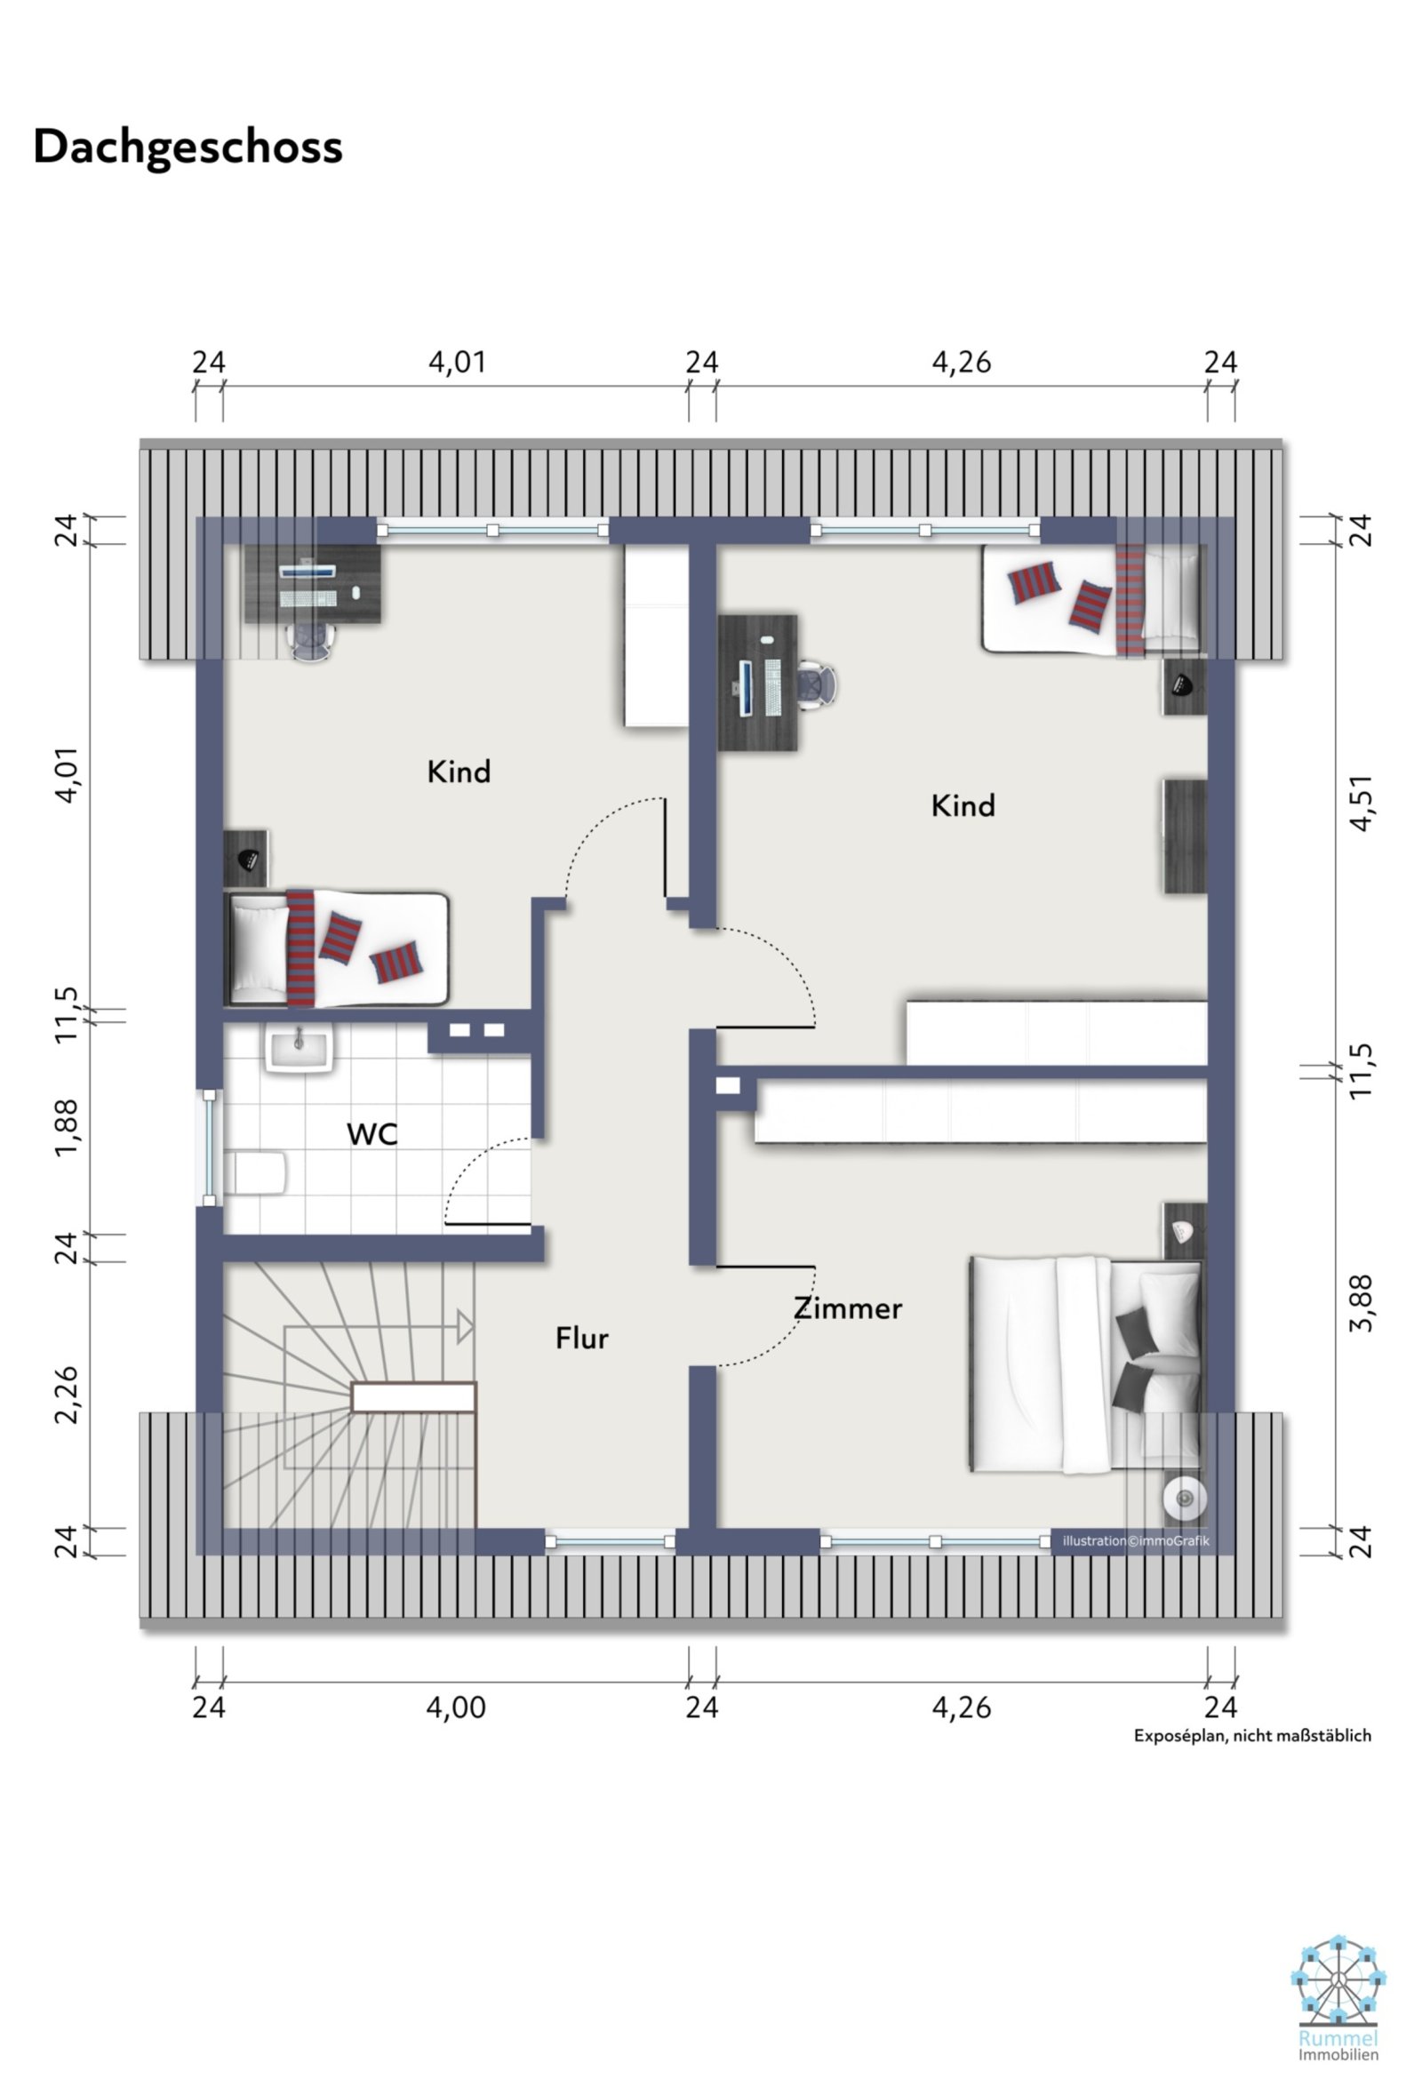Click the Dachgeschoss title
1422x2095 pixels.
pos(188,147)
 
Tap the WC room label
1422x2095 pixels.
pos(372,1134)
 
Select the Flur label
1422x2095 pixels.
pos(581,1338)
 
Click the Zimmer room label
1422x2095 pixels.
pos(847,1308)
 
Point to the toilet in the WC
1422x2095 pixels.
pos(256,1172)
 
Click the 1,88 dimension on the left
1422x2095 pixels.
pos(67,1127)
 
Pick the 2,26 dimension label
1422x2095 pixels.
pos(67,1395)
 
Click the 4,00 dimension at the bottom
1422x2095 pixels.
pos(455,1707)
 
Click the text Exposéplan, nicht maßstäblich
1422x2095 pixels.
pos(1251,1735)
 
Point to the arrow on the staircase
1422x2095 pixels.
pos(463,1327)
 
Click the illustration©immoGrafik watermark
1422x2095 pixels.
pos(1135,1540)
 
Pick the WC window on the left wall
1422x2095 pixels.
pos(209,1147)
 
